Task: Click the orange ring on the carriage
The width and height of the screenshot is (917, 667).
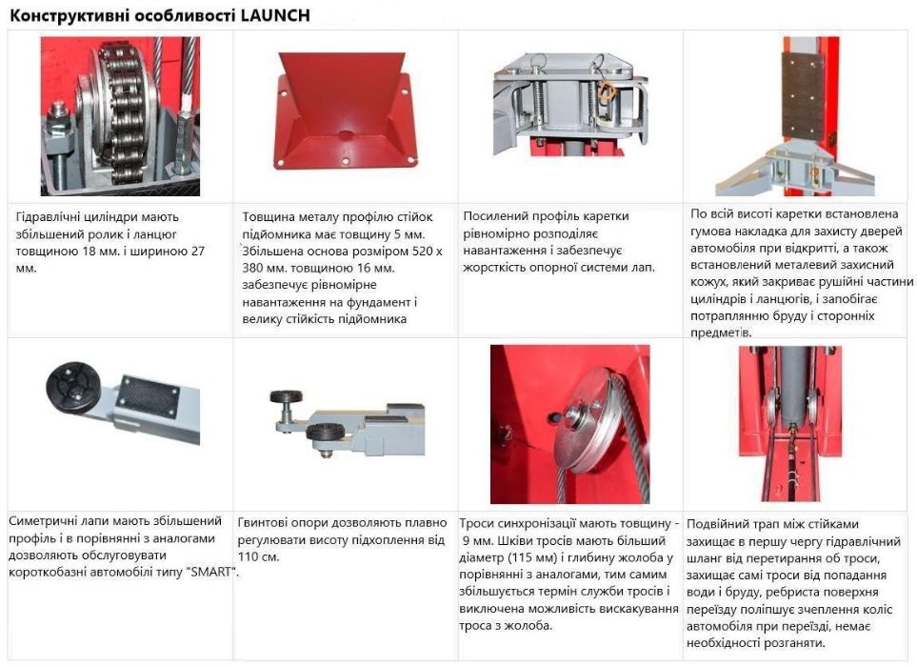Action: coord(605,91)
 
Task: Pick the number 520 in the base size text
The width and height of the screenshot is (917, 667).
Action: coord(403,252)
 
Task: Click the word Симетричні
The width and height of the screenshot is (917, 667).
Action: coord(41,521)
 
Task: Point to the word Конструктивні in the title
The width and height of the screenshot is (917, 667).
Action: coord(63,13)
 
